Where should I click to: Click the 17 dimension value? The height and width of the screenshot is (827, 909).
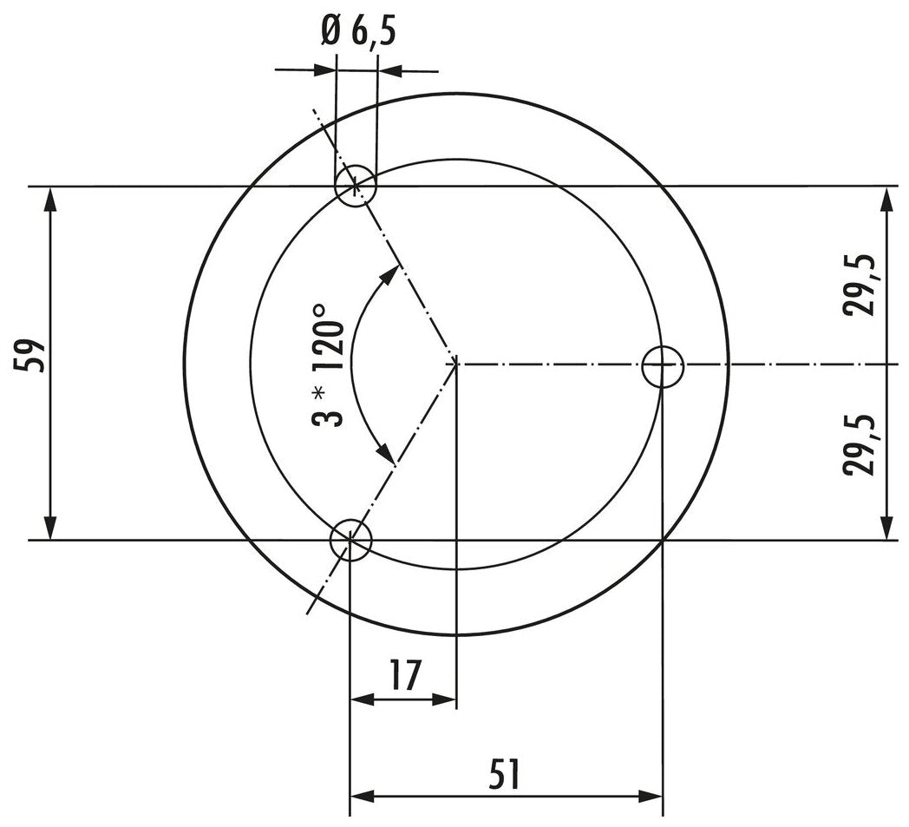click(x=403, y=675)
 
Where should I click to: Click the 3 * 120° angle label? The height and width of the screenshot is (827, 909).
click(x=329, y=364)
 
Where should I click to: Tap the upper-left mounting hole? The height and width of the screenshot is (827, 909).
click(x=356, y=186)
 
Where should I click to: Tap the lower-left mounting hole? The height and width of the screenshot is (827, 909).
click(x=350, y=540)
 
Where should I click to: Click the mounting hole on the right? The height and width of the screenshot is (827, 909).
click(x=663, y=367)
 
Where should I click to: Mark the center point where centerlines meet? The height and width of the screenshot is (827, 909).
click(x=456, y=363)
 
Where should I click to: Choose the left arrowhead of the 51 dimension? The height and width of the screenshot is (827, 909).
click(x=362, y=796)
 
